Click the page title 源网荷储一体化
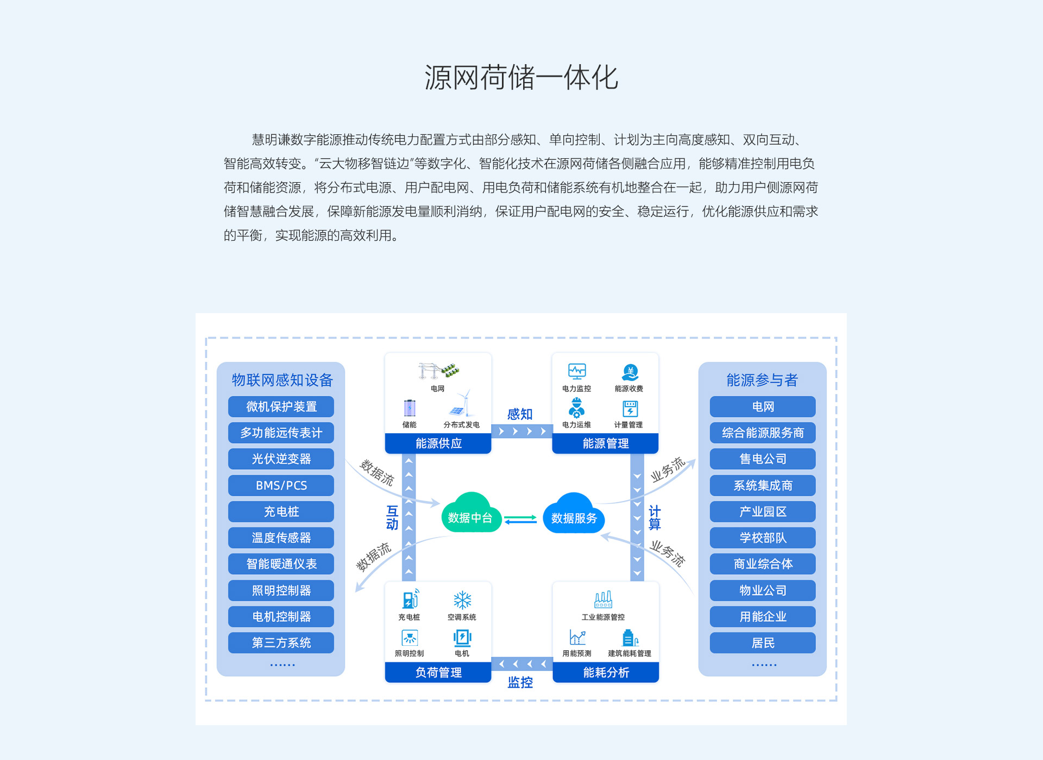pos(521,77)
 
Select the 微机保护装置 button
pos(281,407)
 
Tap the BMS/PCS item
pos(281,485)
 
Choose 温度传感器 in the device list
pos(281,538)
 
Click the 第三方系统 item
pos(281,643)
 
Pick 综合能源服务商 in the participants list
pos(763,433)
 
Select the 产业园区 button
pos(763,512)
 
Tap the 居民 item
pos(763,643)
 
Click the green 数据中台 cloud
pos(470,514)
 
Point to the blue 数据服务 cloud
pos(574,514)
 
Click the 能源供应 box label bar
pos(438,444)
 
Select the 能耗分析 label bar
pos(606,672)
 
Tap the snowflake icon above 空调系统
pos(462,600)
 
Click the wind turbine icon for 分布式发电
pos(461,403)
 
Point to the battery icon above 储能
pos(410,408)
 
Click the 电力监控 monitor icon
pos(577,372)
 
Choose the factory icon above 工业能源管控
pos(603,600)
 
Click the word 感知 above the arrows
pos(520,414)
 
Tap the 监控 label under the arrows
pos(520,682)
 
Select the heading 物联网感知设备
pos(282,380)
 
